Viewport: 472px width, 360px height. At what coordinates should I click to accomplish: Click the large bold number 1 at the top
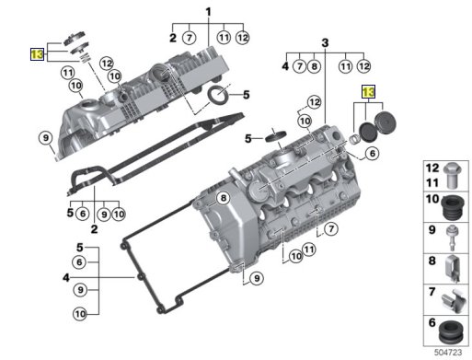(209, 12)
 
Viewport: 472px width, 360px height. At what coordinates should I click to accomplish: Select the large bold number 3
(325, 42)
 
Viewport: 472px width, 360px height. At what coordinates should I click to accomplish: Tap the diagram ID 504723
(448, 353)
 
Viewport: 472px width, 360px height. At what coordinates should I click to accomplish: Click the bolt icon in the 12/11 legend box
(453, 176)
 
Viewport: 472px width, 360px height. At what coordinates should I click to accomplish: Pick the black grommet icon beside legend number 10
(454, 208)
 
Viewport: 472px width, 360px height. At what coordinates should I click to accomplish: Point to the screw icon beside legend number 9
(452, 238)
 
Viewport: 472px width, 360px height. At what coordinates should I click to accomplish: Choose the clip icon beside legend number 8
(452, 268)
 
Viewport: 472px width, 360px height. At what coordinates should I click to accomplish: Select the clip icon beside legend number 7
(453, 300)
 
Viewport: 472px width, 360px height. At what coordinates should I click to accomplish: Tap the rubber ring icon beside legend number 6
(451, 332)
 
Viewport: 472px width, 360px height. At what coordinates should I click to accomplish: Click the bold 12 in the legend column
(432, 168)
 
